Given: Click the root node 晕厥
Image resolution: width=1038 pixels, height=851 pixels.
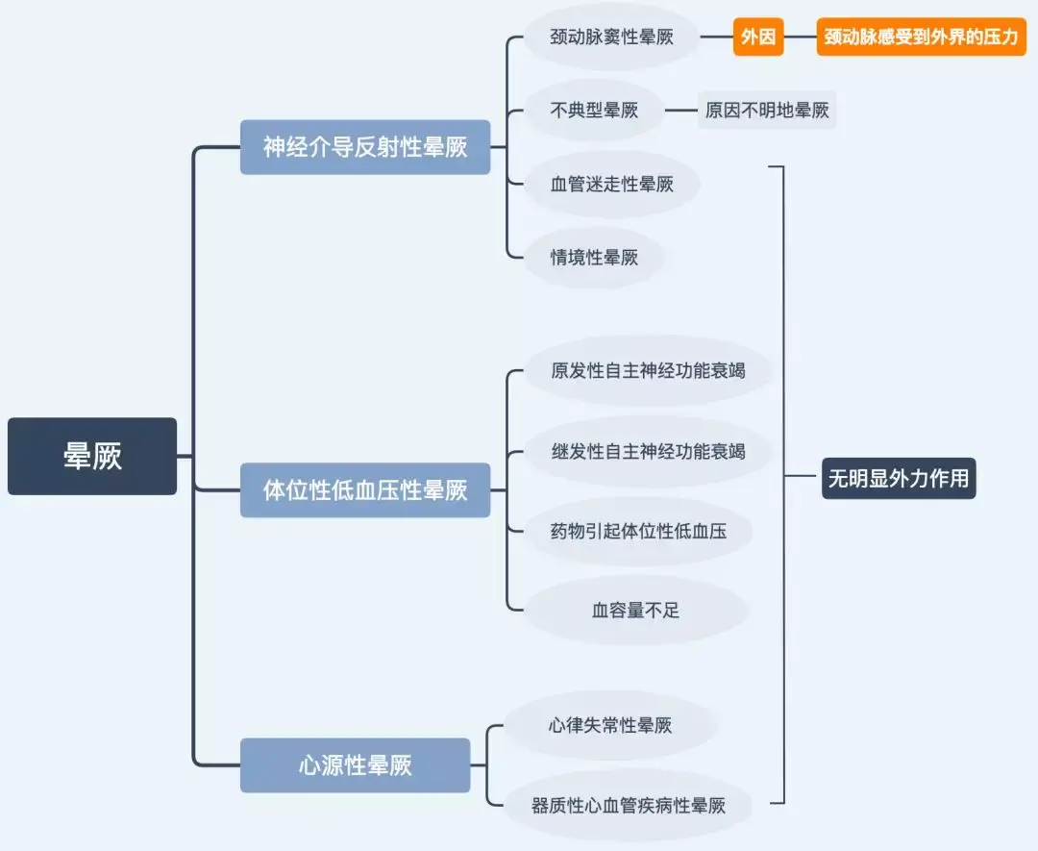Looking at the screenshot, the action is click(x=92, y=457).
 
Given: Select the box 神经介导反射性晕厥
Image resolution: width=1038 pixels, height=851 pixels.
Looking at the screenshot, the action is click(x=365, y=147).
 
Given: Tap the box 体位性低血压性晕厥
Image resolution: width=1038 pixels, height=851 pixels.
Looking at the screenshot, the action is click(x=365, y=490).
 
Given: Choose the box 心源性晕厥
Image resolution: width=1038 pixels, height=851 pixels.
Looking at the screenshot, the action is click(x=355, y=765).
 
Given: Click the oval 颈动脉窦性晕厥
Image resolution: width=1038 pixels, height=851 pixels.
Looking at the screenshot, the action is click(x=611, y=38).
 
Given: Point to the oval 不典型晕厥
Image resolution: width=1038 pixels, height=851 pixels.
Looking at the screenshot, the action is click(x=594, y=110).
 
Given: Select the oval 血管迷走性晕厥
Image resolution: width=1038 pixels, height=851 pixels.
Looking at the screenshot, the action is click(x=611, y=184).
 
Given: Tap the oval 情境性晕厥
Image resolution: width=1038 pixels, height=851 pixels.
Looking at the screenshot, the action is click(x=594, y=258).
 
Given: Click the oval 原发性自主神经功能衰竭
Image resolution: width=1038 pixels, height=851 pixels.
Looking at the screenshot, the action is click(x=648, y=371).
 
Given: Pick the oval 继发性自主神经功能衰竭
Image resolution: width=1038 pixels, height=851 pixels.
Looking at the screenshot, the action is click(x=648, y=452).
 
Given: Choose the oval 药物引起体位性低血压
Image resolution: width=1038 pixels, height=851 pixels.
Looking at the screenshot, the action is click(x=638, y=531).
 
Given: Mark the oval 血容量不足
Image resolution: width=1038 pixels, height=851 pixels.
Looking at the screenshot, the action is click(x=635, y=610).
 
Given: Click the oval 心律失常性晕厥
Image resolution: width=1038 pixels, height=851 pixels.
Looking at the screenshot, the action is click(x=610, y=725).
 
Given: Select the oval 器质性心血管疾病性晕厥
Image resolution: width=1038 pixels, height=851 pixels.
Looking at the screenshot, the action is click(x=629, y=805).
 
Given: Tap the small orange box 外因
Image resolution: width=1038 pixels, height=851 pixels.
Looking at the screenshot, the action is click(x=758, y=38).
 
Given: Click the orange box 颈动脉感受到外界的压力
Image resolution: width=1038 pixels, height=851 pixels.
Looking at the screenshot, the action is click(x=921, y=38).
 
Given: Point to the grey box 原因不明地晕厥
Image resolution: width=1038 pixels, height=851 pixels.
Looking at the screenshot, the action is click(x=767, y=110).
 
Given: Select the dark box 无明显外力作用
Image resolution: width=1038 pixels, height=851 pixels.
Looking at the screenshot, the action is click(x=899, y=478).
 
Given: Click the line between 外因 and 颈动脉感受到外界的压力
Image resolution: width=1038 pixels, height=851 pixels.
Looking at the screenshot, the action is click(x=800, y=38).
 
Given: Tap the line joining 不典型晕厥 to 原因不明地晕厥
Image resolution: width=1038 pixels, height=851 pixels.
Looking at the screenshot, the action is click(x=681, y=110).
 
